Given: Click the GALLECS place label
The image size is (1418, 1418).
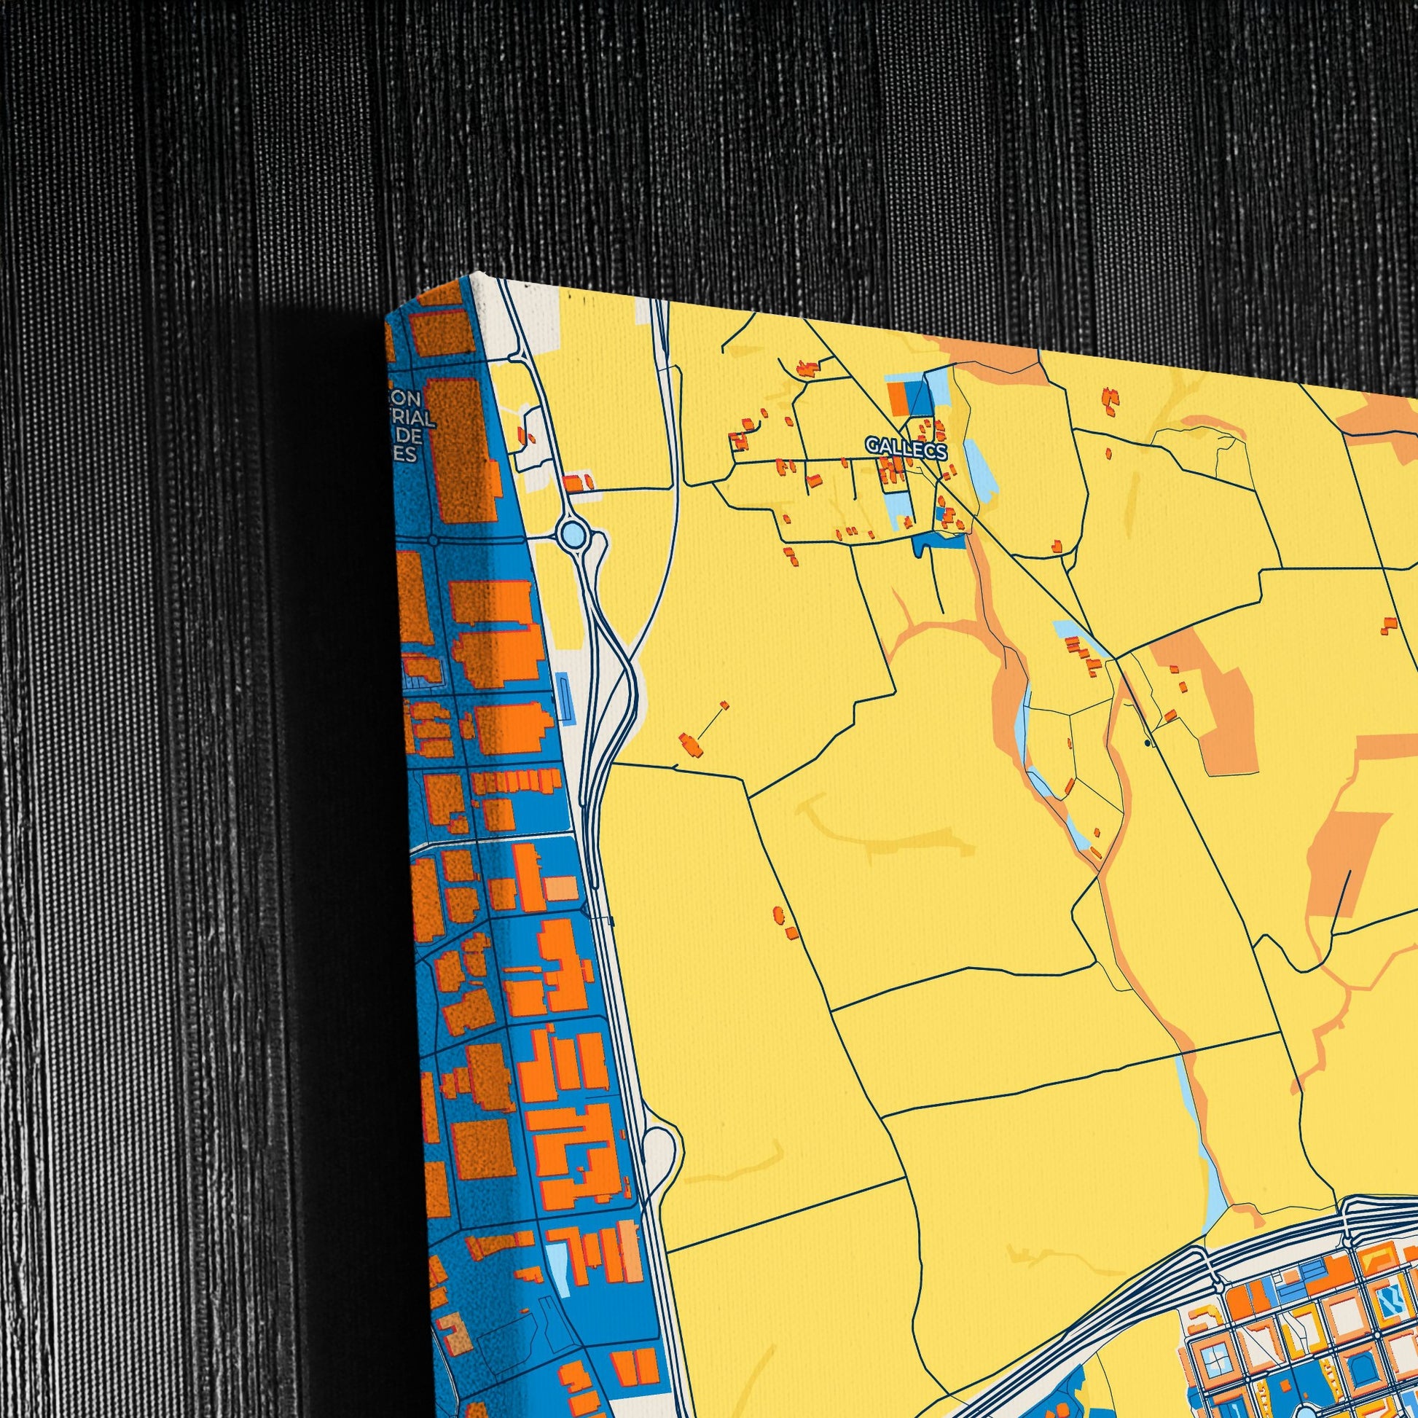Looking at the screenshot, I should pos(906,446).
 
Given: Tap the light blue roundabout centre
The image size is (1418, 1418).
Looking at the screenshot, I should pos(573,534).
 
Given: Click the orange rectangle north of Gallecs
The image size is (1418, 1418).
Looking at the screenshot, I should pos(898,396).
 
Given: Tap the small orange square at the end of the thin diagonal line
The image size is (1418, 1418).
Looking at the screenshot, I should pos(724,705).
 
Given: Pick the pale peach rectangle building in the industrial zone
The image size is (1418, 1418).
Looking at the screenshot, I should pos(560,888).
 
